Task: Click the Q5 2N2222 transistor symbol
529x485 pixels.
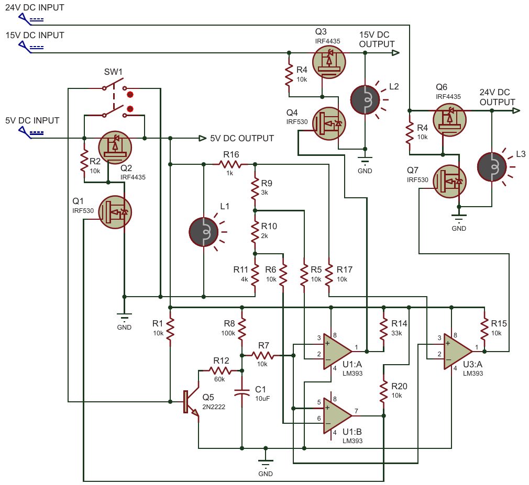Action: [191, 402]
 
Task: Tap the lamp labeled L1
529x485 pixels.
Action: [204, 232]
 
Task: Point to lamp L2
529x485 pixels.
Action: [365, 100]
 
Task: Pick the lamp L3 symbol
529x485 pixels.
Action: [492, 167]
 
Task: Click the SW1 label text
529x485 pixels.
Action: [113, 72]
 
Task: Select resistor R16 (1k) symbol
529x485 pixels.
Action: [230, 164]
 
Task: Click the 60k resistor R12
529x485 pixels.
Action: [220, 371]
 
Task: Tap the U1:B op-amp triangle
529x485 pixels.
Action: [337, 415]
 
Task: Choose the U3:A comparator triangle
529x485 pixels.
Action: [458, 352]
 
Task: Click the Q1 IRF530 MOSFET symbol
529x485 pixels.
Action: [115, 212]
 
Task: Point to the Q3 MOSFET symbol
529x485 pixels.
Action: [329, 62]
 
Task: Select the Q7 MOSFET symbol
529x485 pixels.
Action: [449, 182]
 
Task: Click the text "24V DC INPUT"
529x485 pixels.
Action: [35, 7]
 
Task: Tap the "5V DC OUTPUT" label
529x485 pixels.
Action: [242, 138]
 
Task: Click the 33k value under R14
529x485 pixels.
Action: [397, 333]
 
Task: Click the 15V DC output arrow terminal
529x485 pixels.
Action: [396, 53]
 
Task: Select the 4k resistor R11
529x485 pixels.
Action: [255, 275]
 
